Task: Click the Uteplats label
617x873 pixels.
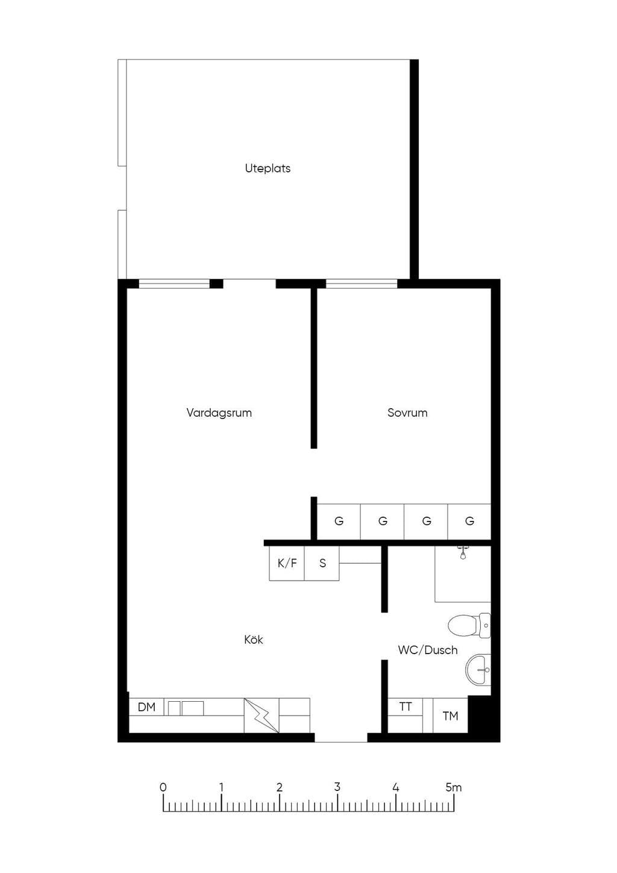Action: (x=268, y=168)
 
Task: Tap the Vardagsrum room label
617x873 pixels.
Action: (x=219, y=413)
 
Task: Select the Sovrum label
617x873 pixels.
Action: (x=407, y=413)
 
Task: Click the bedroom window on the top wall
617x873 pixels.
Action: (x=362, y=283)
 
